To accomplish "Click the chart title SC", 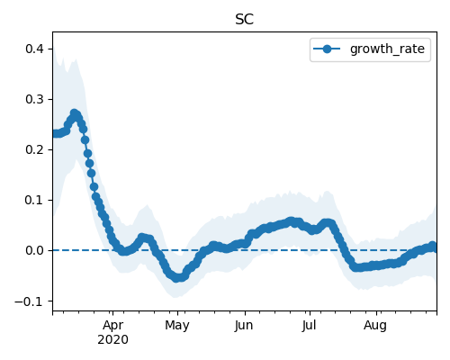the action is tap(245, 20).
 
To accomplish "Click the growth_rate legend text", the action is tap(387, 49).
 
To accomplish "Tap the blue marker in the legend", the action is tap(327, 49).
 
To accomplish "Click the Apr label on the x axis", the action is tap(112, 326).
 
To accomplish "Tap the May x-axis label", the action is tap(177, 326).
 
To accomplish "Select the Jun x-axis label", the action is tap(244, 325).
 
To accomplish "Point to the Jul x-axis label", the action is tap(309, 325).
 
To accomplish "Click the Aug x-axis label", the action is tap(375, 326).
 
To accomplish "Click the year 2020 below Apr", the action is tap(112, 339).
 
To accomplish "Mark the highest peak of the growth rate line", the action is tap(75, 113).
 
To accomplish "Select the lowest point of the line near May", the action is tap(177, 278).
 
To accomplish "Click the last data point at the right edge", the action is tap(433, 247).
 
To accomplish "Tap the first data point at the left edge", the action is tap(55, 134).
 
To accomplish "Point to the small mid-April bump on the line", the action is tap(143, 238).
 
